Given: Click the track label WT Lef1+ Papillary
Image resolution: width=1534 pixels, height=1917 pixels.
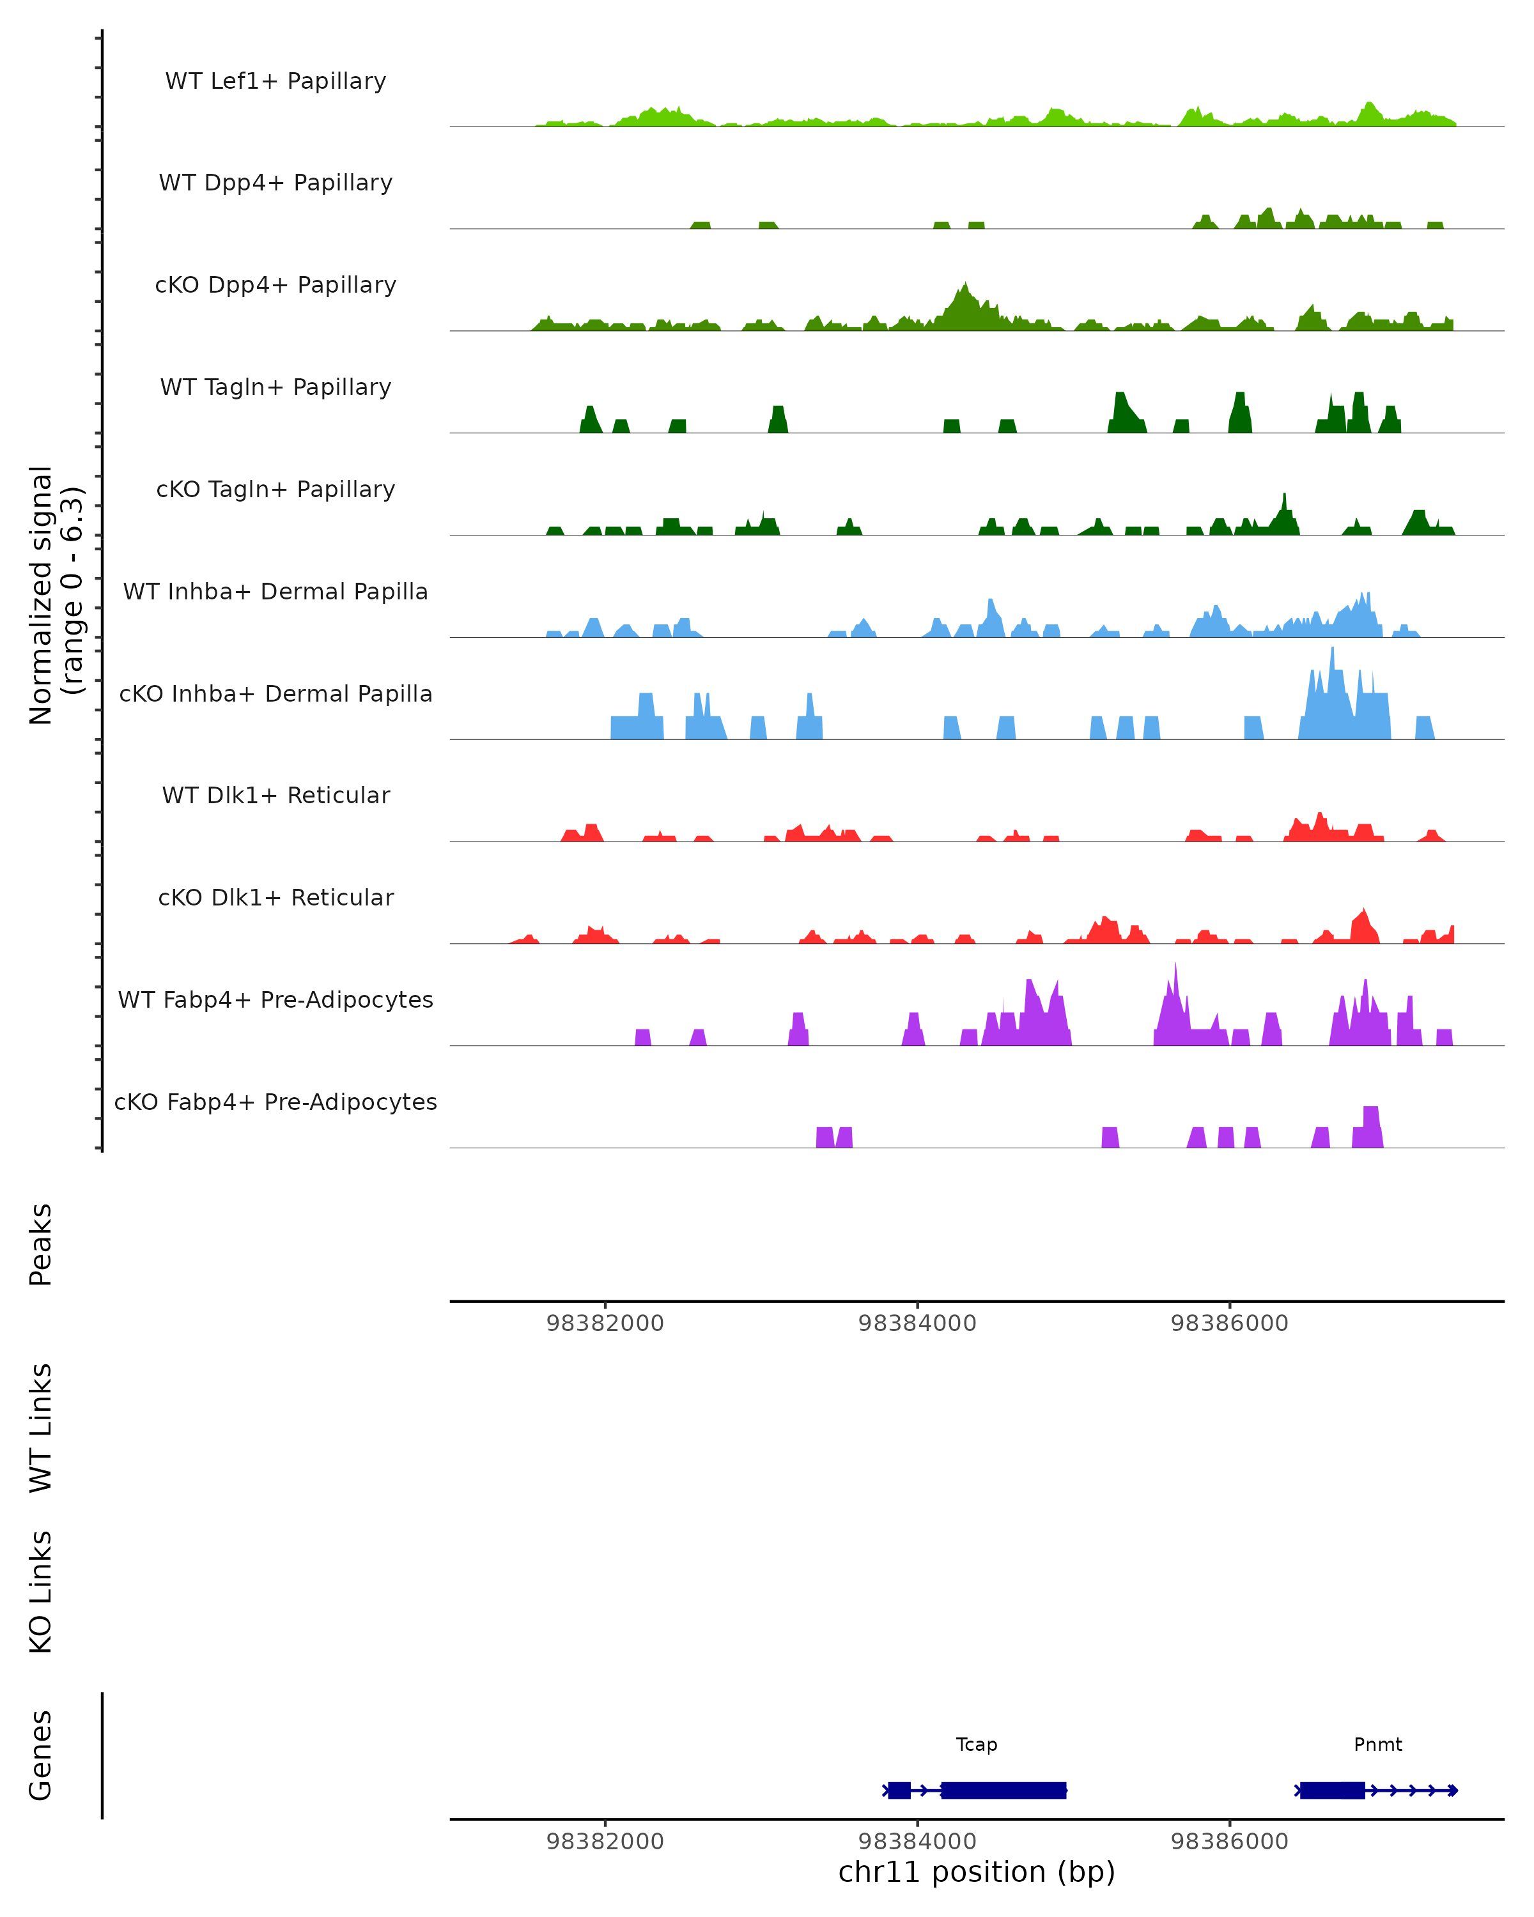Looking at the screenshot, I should pos(275,81).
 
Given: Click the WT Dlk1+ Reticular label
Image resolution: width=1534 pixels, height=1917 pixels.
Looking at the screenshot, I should pos(275,795).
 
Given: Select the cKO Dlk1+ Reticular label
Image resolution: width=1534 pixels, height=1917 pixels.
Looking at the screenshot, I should pos(275,897).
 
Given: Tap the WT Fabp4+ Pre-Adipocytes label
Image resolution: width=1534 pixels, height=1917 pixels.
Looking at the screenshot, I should pos(275,999).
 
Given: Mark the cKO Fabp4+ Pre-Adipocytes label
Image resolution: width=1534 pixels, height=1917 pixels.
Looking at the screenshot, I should pos(275,1102).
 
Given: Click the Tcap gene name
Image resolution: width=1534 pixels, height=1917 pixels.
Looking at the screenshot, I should pos(977,1744).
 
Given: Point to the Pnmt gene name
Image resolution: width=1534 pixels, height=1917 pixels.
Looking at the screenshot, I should pos(1377,1744).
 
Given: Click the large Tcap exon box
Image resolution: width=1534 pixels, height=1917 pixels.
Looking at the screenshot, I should pos(1003,1790).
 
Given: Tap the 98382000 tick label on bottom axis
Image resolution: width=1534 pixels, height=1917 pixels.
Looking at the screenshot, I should pos(605,1842).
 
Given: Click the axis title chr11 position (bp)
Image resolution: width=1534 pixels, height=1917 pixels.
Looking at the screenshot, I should pos(977,1872).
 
